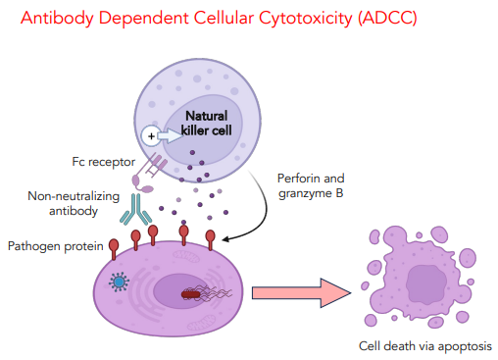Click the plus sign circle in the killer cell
(x=152, y=135)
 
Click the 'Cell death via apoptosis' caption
(x=425, y=346)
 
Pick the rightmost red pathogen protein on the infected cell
(x=212, y=238)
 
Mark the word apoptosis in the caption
(x=462, y=346)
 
